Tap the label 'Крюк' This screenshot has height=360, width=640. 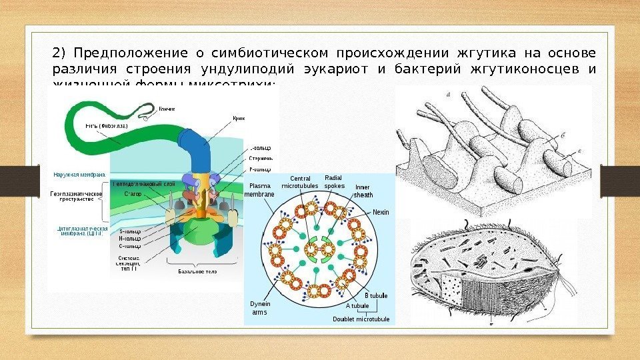(239, 118)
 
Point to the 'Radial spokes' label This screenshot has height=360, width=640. (334, 181)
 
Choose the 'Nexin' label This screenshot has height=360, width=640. (381, 212)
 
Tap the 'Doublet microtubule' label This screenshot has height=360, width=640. (361, 319)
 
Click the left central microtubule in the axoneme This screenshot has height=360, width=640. (311, 250)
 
